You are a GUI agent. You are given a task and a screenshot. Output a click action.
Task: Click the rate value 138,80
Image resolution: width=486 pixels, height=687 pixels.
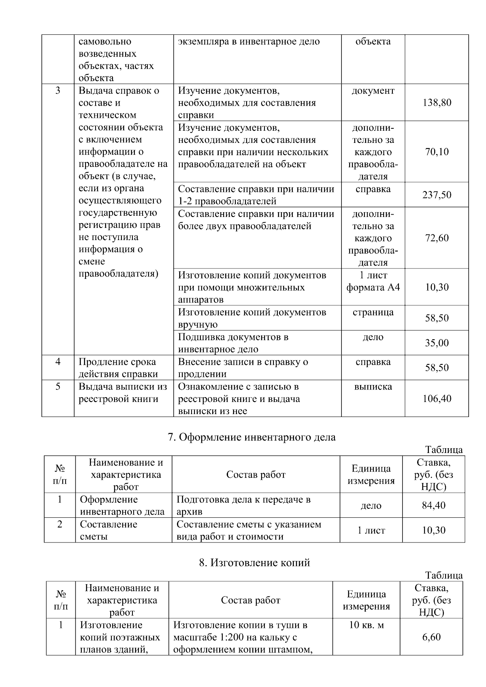(437, 103)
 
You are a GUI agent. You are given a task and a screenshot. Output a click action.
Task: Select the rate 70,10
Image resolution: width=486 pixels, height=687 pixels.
(437, 152)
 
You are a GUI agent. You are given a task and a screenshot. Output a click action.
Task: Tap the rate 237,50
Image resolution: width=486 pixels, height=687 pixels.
(437, 195)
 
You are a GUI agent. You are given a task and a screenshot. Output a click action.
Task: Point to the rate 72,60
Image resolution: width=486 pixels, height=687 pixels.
(437, 238)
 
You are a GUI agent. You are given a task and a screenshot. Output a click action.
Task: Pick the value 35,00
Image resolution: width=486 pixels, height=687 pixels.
(437, 343)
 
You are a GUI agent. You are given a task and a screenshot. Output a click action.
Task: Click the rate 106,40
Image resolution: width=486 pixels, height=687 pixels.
(437, 399)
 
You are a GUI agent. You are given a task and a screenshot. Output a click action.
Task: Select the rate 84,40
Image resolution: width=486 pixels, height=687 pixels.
(434, 506)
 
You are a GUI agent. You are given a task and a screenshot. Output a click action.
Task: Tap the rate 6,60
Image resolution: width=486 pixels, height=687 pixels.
(431, 637)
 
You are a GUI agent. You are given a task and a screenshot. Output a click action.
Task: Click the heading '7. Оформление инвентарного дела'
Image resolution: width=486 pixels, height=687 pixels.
(252, 437)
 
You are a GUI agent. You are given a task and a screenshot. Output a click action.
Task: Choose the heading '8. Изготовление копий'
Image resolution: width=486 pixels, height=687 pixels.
(254, 563)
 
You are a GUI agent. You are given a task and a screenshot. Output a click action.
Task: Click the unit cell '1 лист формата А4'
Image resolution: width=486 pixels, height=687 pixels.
(373, 281)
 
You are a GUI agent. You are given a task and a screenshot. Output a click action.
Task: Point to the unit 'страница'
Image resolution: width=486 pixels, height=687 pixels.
(373, 313)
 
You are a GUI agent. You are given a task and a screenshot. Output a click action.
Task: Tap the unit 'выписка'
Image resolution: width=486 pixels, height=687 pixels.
(373, 387)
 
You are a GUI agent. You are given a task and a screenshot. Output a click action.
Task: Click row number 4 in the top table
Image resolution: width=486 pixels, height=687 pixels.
(58, 362)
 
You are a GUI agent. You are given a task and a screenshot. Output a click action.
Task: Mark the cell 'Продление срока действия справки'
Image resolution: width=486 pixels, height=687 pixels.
(118, 368)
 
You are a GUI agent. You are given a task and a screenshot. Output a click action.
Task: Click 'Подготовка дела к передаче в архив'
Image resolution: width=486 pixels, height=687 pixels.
(243, 506)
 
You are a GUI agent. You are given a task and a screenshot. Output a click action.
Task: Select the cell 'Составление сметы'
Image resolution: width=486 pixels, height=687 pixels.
(109, 530)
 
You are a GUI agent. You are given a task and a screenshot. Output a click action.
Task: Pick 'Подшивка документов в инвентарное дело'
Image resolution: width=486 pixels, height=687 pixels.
(233, 343)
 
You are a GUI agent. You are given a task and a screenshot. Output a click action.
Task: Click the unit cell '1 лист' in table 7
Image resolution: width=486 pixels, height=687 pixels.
(371, 531)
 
